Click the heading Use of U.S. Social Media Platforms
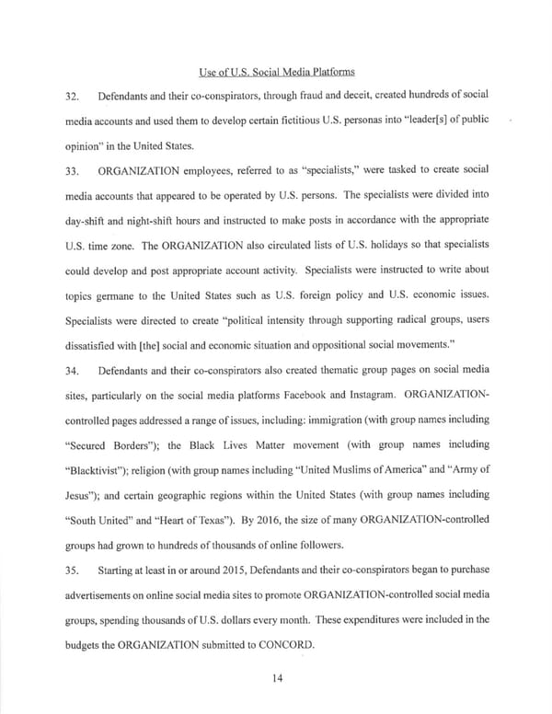(x=276, y=71)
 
